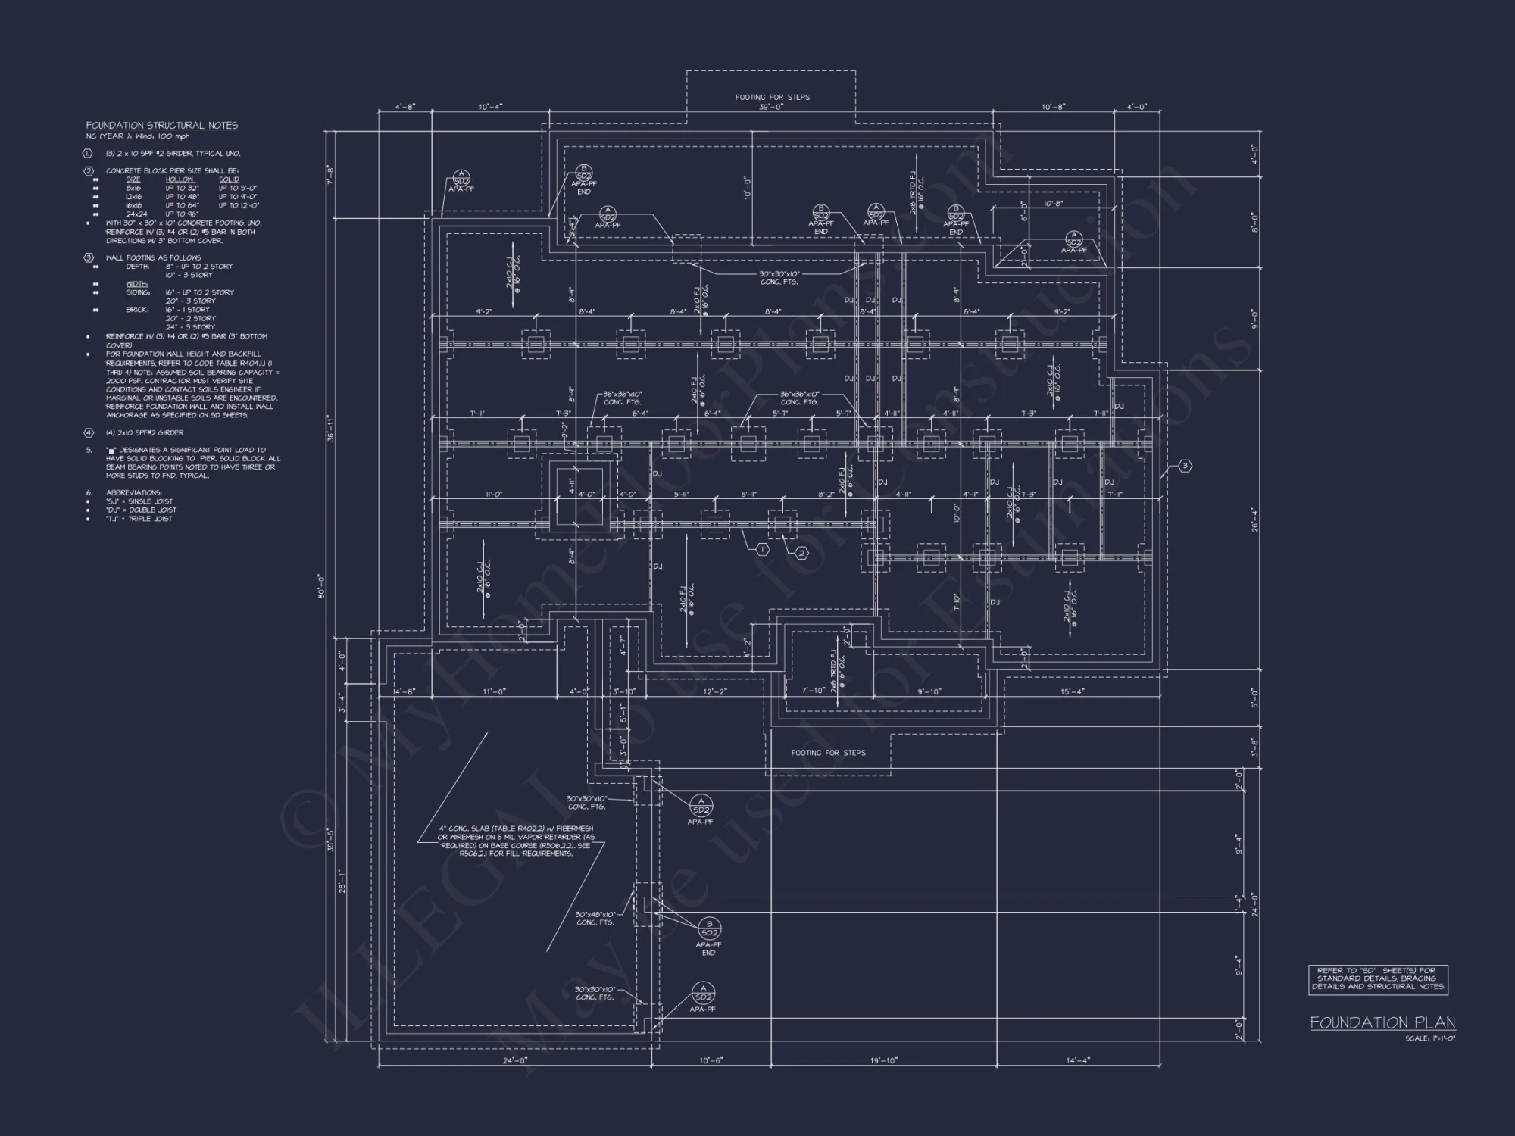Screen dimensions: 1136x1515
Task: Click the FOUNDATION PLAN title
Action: click(x=1382, y=1022)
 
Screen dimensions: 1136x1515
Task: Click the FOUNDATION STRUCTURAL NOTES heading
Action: click(x=161, y=125)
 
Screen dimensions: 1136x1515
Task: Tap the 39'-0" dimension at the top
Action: click(x=771, y=107)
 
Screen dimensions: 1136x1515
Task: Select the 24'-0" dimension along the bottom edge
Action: click(x=514, y=1060)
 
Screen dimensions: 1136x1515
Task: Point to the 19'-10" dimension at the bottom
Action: click(x=883, y=1060)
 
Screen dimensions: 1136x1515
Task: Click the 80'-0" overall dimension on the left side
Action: click(x=321, y=587)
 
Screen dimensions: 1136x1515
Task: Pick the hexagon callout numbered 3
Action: click(x=1185, y=466)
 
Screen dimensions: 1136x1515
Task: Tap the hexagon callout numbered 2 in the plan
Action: click(x=801, y=554)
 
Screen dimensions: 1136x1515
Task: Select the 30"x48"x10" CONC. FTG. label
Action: click(x=595, y=918)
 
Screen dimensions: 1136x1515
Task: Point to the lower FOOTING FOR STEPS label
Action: click(x=828, y=752)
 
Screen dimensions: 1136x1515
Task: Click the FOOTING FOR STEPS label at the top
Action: click(x=772, y=97)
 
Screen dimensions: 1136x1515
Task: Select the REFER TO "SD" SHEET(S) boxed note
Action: click(x=1378, y=978)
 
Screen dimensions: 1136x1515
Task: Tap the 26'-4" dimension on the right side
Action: click(x=1255, y=520)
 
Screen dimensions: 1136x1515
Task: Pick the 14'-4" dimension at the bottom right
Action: click(x=1077, y=1060)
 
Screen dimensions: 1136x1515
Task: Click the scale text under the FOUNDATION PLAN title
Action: click(x=1429, y=1038)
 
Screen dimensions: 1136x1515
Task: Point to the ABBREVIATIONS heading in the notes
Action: click(x=129, y=492)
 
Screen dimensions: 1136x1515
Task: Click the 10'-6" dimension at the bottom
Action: click(x=710, y=1060)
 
